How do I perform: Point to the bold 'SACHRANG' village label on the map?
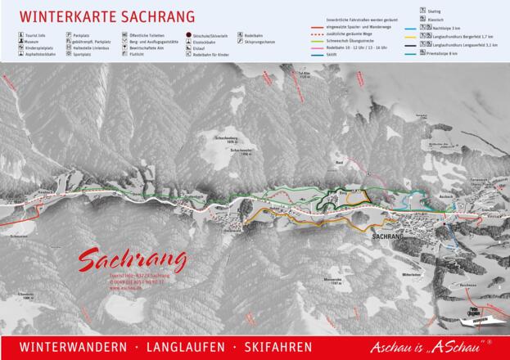pyautogui.click(x=388, y=235)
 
